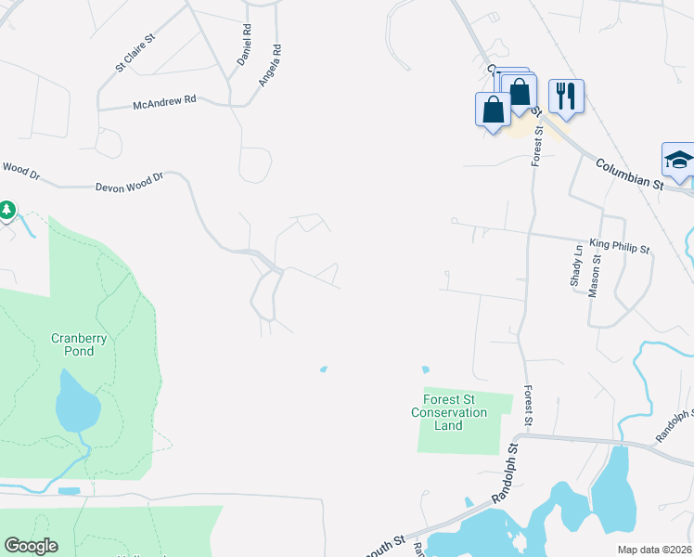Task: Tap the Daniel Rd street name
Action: coord(245,44)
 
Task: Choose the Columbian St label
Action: coord(630,174)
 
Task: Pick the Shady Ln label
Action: coord(577,265)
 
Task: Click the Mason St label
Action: coord(595,277)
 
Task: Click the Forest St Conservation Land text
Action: coord(449,412)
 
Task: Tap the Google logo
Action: coord(31,546)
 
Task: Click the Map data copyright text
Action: coord(654,550)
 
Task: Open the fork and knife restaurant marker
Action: coord(565,95)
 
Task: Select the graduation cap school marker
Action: coord(679,160)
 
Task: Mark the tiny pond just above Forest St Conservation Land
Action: coord(426,369)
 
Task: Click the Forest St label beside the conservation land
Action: coord(527,407)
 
